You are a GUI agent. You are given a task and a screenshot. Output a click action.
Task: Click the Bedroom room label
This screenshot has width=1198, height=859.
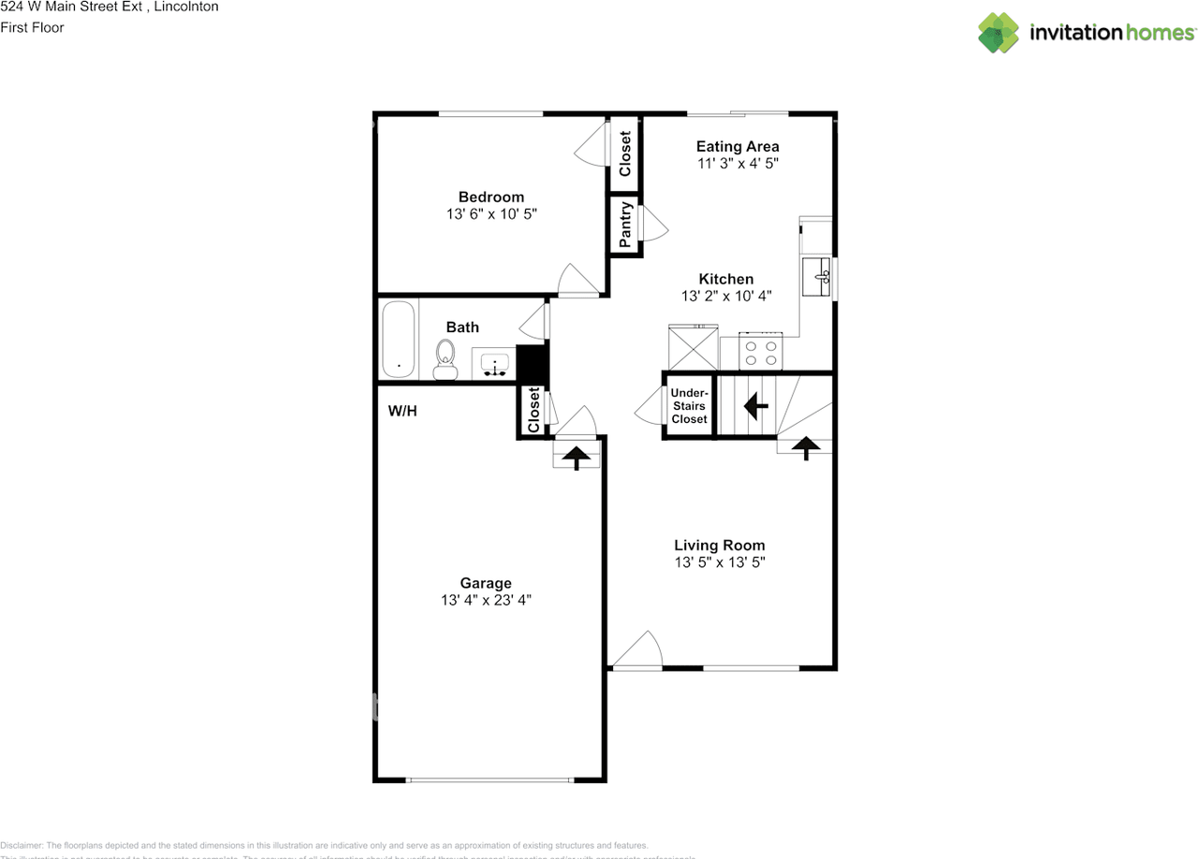(x=490, y=197)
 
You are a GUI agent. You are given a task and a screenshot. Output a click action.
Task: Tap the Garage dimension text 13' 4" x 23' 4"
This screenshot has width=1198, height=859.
(x=487, y=601)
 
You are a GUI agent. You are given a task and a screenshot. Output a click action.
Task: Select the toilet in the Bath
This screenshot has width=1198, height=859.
(x=446, y=359)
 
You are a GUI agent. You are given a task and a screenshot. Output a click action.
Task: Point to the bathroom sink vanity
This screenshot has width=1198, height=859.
(x=493, y=362)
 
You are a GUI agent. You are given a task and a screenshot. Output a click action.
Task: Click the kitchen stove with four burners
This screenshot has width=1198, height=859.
(x=760, y=352)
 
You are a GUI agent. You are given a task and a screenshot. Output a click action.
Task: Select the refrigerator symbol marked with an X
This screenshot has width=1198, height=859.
(x=694, y=348)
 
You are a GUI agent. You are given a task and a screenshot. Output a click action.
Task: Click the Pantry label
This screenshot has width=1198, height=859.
(x=625, y=226)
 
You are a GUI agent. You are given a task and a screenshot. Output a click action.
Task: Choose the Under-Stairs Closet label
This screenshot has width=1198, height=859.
(x=689, y=406)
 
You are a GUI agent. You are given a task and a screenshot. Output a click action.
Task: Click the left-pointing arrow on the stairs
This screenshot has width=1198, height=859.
(x=755, y=406)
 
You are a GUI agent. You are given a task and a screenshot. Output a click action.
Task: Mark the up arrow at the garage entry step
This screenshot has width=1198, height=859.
(x=577, y=458)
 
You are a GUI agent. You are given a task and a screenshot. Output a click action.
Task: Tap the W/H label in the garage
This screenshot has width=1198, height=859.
(x=402, y=411)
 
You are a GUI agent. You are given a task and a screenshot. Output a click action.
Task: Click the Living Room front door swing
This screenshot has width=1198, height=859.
(x=639, y=651)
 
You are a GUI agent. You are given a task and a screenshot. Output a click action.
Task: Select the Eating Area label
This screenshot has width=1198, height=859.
(x=738, y=146)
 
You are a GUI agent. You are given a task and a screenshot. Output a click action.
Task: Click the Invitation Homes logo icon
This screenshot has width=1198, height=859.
(x=999, y=33)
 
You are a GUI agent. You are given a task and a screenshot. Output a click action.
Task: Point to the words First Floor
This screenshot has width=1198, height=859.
(x=32, y=27)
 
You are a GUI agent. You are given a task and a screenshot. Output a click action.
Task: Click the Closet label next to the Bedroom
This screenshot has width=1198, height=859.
(x=625, y=149)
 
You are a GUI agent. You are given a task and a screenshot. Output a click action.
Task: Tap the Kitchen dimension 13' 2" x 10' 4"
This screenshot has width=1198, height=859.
(x=725, y=296)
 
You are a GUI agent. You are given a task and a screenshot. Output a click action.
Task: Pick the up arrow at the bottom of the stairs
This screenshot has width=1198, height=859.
(x=803, y=448)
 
